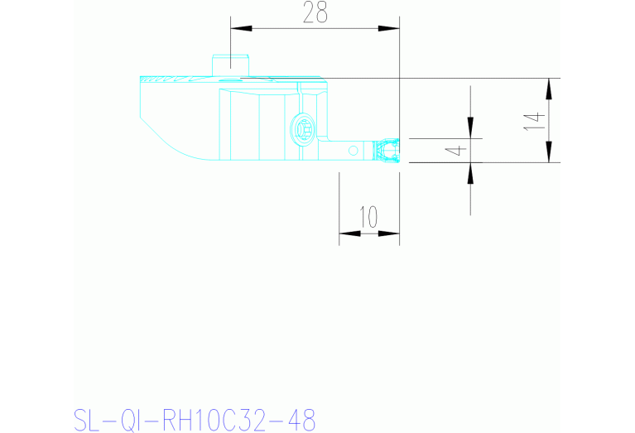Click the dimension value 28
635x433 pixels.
pos(315,13)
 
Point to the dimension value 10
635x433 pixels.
pos(368,218)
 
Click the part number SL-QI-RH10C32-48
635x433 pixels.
pos(195,419)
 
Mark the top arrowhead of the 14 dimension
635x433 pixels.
pos(548,88)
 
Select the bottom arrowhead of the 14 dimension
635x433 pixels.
pos(548,153)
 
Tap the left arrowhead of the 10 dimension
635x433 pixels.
pos(349,233)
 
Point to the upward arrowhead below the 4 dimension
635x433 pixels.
pos(470,172)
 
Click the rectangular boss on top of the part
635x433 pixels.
pos(231,63)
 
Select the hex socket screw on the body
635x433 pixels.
pos(304,129)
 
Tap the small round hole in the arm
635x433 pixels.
pos(354,150)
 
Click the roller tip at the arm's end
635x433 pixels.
pos(386,151)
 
